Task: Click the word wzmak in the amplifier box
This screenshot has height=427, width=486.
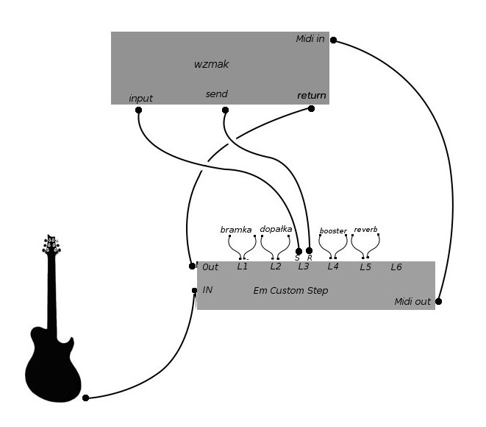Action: point(212,64)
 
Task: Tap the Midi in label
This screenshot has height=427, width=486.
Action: point(310,39)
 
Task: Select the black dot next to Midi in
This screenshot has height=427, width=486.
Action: point(333,40)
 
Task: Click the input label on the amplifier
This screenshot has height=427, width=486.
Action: point(140,99)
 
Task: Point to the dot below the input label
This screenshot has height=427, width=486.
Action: point(138,110)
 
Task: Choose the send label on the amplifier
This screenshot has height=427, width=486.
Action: point(217,93)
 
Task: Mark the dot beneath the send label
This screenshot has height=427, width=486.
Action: point(225,110)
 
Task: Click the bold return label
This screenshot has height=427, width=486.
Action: point(312,95)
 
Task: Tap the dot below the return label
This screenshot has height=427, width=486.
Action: point(311,109)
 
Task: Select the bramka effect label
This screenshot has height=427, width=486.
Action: point(236,230)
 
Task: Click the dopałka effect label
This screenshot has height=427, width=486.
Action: point(276,229)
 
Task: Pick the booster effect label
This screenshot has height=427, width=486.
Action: point(333,231)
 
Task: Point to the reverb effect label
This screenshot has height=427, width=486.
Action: point(365,230)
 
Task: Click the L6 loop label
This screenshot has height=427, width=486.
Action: point(396,267)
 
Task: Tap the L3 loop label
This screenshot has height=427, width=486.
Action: point(304,267)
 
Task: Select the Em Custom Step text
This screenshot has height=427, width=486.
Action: point(290,291)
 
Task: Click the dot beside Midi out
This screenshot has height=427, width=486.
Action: point(438,301)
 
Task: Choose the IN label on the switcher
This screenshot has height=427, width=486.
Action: point(207,290)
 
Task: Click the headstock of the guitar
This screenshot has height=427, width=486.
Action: point(51,245)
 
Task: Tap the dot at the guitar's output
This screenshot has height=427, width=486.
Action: point(85,398)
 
